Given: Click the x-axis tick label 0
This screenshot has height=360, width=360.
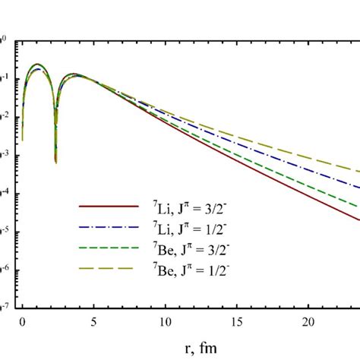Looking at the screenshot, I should (x=23, y=321).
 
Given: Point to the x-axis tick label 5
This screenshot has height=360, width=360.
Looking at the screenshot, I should (x=94, y=321).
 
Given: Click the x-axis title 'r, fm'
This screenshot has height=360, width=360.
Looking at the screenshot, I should (x=191, y=346).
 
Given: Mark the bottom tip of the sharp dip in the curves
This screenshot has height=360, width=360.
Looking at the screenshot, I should (x=55, y=162).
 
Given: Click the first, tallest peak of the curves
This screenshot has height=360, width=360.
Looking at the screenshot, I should (x=36, y=65).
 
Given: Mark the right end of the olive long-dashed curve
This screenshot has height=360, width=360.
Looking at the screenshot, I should (x=358, y=172).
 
